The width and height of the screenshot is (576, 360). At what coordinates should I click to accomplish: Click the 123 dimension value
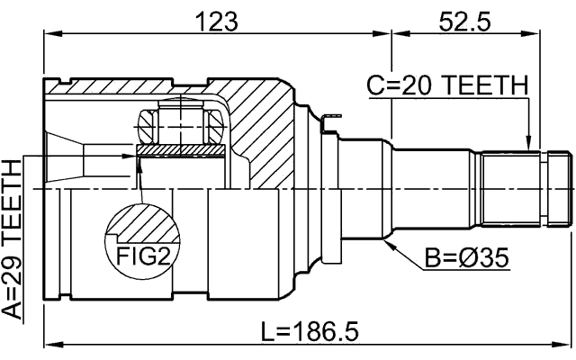[x=217, y=20]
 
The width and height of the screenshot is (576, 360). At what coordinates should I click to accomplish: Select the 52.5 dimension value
[x=463, y=20]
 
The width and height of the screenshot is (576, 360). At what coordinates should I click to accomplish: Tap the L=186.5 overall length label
[x=309, y=332]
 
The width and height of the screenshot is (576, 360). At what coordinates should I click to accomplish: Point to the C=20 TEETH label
[x=447, y=87]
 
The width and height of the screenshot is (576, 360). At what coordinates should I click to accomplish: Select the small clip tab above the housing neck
[x=332, y=116]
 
